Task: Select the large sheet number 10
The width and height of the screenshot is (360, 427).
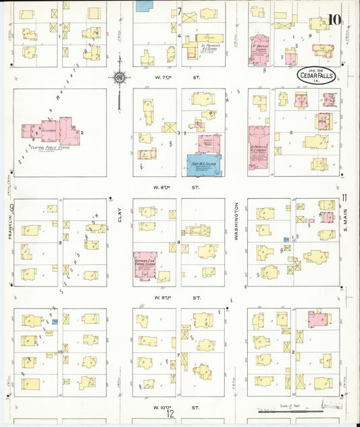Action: coord(334,19)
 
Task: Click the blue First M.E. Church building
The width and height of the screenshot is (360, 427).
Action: coord(203,165)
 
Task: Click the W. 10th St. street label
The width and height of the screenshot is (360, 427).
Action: coord(174,407)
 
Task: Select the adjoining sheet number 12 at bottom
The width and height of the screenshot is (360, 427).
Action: coord(171,416)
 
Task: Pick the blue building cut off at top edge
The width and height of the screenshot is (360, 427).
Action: coord(143,5)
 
